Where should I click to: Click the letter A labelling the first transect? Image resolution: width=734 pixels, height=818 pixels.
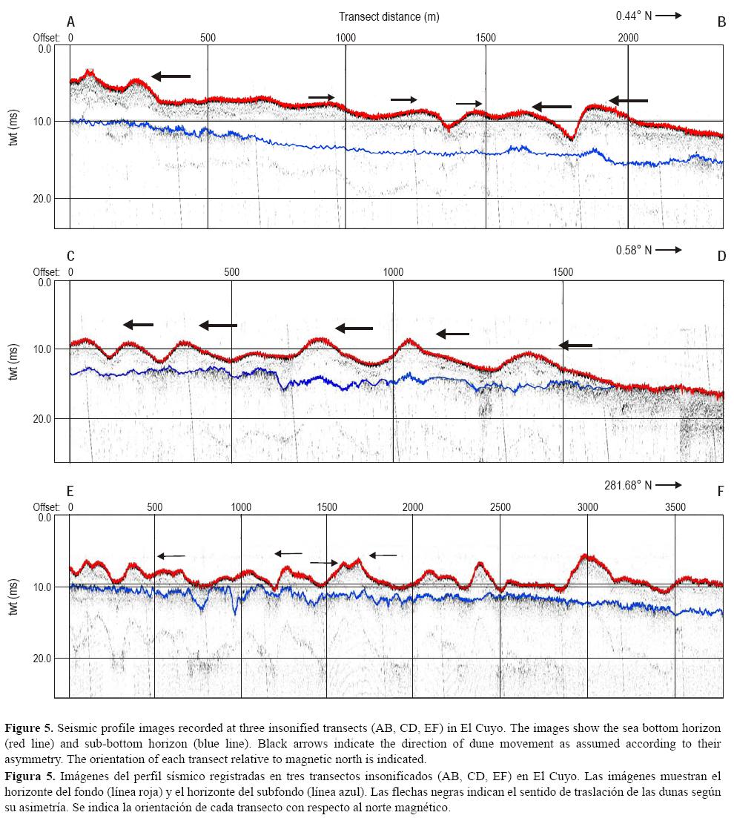[70, 22]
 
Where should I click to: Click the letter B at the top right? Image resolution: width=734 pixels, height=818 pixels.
[721, 22]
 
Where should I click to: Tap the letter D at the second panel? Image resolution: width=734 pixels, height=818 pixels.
[721, 256]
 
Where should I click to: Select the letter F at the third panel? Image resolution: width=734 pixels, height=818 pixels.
[721, 490]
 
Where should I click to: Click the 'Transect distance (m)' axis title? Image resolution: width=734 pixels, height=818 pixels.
[389, 16]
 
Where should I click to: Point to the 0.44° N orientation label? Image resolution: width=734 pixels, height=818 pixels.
[632, 15]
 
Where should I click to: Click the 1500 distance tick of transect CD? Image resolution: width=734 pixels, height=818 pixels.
[563, 272]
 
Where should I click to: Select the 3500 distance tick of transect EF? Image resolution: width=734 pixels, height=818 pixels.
[675, 507]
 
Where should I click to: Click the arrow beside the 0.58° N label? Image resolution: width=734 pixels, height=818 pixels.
[668, 251]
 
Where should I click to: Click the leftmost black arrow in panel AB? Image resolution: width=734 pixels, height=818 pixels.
[171, 76]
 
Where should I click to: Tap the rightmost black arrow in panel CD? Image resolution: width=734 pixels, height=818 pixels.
[575, 345]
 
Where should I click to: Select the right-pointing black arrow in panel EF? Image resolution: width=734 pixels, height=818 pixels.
[323, 563]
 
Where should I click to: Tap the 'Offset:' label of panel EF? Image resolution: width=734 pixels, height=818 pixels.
[46, 507]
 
